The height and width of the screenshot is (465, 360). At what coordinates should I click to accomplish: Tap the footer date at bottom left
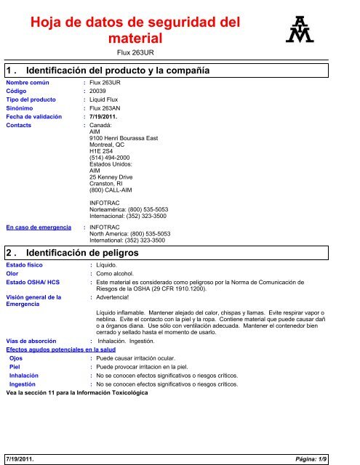point(21,459)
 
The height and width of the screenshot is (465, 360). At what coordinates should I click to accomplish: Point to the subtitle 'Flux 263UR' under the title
point(137,53)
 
